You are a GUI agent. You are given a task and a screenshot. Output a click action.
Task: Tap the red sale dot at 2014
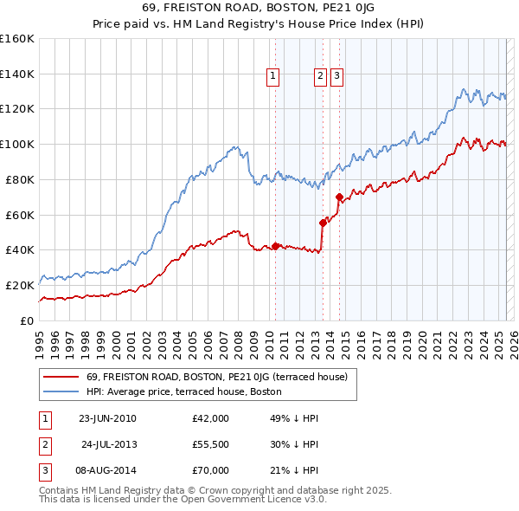coord(339,197)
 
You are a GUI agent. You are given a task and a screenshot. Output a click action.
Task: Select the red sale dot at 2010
coord(276,246)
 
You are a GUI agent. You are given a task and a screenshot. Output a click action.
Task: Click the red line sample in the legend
coord(62,377)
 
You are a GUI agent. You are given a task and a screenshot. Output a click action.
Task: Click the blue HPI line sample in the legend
coord(62,391)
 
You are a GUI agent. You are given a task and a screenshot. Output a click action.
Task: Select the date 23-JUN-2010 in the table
coord(107,418)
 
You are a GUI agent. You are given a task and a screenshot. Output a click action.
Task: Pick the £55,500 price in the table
coord(211,444)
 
